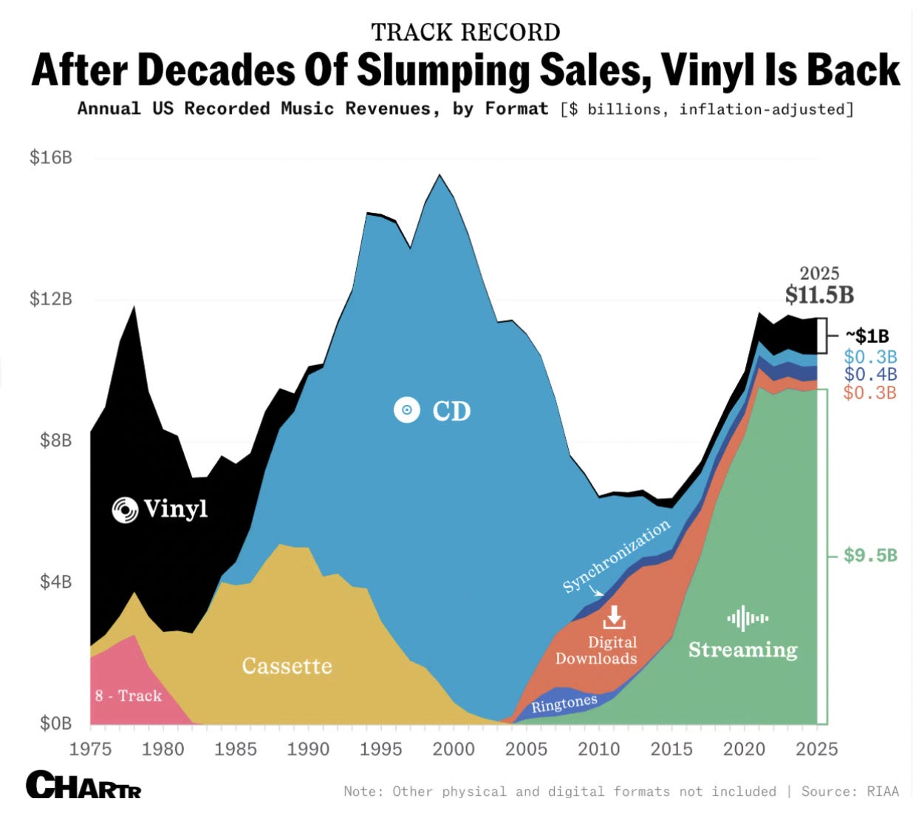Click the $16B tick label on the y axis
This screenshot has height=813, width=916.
51,157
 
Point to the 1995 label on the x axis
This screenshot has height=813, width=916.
380,749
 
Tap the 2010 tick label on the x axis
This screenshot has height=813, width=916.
598,749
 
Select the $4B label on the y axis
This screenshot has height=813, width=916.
55,582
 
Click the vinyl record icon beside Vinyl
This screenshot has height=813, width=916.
125,510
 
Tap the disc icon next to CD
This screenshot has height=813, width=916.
406,410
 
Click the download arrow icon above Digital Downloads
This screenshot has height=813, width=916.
614,617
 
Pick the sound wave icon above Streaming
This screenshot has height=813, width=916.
748,618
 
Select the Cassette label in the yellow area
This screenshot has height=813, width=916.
287,666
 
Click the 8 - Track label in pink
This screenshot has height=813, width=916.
129,695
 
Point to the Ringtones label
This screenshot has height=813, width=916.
564,704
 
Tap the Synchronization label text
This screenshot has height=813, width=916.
616,556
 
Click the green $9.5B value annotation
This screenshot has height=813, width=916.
870,556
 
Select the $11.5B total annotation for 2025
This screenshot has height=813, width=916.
819,295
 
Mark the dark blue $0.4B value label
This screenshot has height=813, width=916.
870,374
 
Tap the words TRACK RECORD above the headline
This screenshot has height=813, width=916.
465,32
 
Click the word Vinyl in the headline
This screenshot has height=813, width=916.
708,71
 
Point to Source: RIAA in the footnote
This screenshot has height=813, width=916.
850,792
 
